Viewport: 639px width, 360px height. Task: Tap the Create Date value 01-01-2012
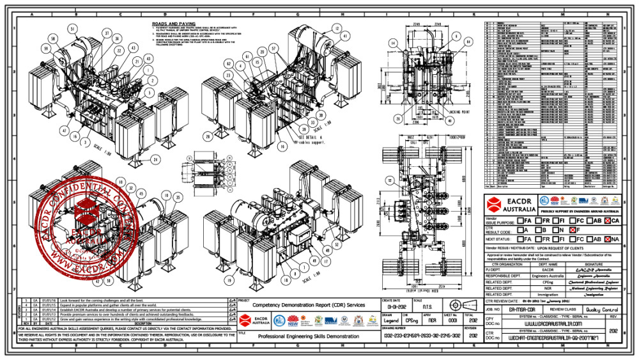pos(394,306)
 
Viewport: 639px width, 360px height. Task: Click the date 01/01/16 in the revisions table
pos(49,299)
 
